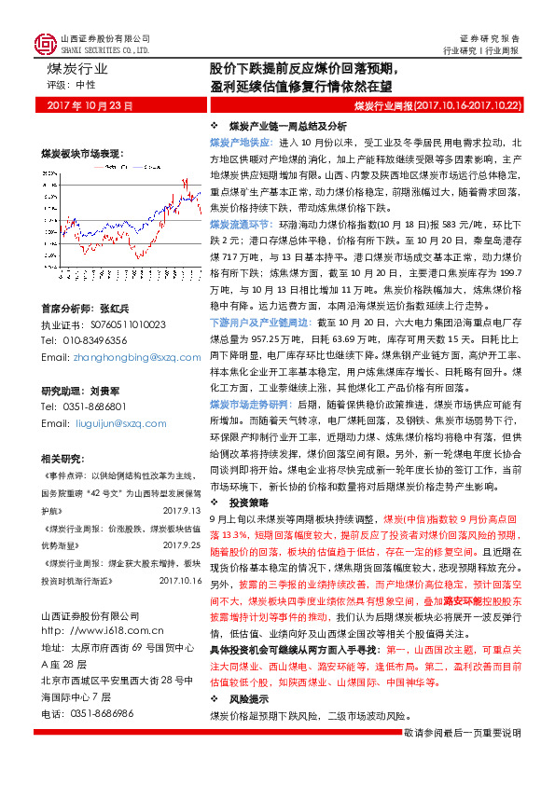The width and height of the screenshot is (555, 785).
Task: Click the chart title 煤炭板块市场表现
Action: tap(81, 152)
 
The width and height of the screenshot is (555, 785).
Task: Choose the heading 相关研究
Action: tap(62, 458)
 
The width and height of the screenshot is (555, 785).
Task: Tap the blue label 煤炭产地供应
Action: tap(239, 141)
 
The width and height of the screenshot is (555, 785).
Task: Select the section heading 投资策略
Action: tap(247, 501)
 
